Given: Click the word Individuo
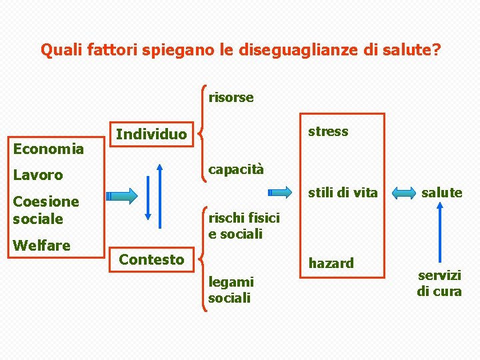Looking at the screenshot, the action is (x=151, y=135).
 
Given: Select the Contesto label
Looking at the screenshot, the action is (x=151, y=259).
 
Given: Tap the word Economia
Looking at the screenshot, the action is (x=49, y=149).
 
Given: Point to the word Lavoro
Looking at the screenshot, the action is (x=38, y=175).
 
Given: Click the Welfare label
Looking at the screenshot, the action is (x=41, y=245).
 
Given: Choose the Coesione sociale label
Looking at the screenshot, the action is (x=45, y=210).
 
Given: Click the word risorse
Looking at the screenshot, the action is (x=231, y=97).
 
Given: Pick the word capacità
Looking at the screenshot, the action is (x=236, y=169).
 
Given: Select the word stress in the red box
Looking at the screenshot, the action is (x=328, y=131).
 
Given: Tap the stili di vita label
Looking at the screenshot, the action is (x=342, y=193).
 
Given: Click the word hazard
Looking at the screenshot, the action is (x=331, y=263).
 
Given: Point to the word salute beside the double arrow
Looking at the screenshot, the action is (x=441, y=193).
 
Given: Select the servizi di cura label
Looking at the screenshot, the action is (x=439, y=283).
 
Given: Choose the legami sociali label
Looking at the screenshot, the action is (x=231, y=290).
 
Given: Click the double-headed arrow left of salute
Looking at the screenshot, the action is (x=404, y=193).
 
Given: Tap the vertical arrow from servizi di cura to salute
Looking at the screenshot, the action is (x=440, y=233).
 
